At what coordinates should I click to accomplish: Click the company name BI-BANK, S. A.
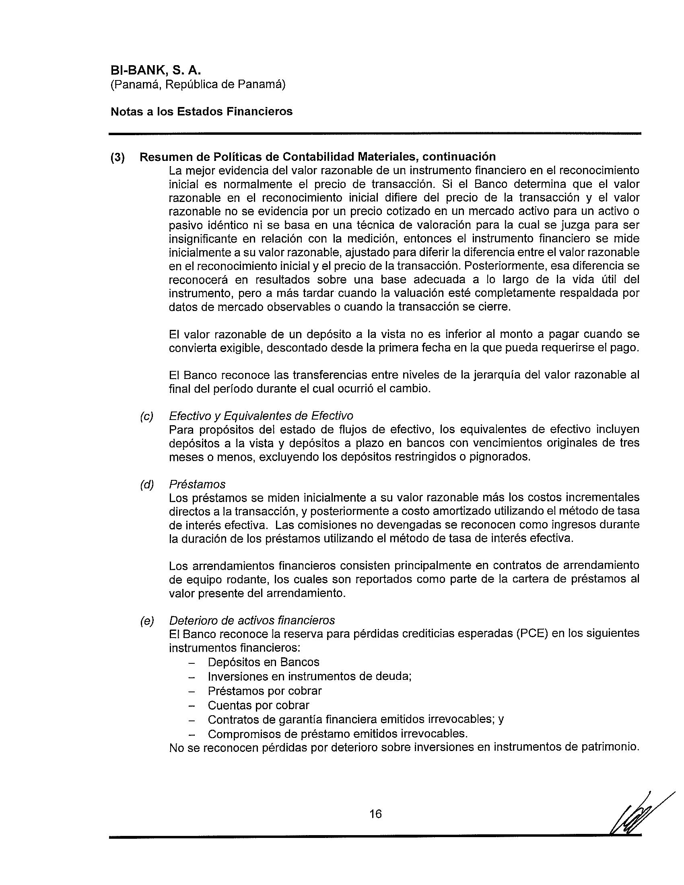tap(156, 70)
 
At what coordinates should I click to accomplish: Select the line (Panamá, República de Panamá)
tap(198, 85)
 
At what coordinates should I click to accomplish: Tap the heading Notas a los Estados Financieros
tap(202, 111)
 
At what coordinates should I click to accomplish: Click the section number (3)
tap(118, 157)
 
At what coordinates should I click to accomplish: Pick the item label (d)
tap(147, 484)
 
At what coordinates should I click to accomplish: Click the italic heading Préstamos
tap(197, 484)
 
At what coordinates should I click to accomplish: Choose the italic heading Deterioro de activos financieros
tap(252, 620)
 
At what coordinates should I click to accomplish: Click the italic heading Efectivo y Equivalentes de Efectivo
tap(261, 416)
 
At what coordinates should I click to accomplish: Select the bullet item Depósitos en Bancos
tap(264, 662)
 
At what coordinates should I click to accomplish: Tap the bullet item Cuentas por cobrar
tap(259, 705)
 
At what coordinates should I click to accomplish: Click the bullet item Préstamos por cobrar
tap(265, 690)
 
